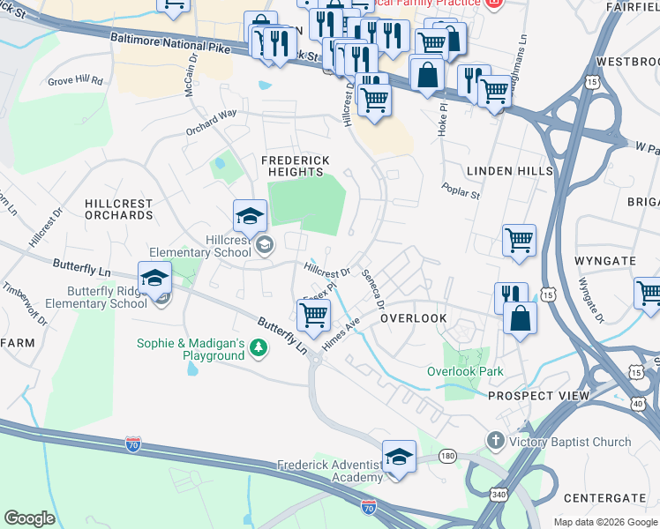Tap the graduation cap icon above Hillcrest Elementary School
(x=250, y=216)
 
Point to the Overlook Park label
(x=465, y=371)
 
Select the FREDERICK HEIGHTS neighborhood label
(x=296, y=166)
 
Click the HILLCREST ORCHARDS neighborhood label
(x=118, y=209)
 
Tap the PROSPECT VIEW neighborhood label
(x=538, y=396)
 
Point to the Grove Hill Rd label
(x=75, y=80)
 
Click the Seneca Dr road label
(x=373, y=288)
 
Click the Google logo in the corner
(x=29, y=518)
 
